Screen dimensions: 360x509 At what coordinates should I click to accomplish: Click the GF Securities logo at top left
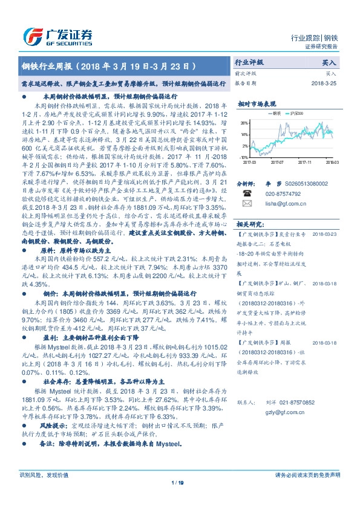tap(57, 36)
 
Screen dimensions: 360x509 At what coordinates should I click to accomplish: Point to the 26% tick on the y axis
tap(243, 122)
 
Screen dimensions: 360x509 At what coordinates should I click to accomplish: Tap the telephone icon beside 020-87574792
tap(246, 193)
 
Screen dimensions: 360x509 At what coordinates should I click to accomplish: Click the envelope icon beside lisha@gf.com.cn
tap(246, 203)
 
